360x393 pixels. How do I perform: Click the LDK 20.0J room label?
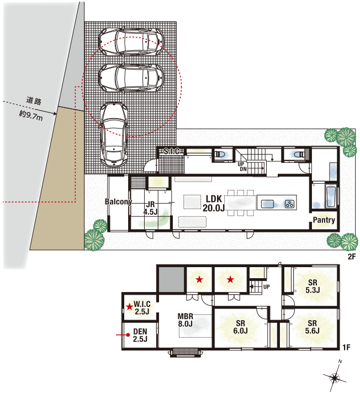(214, 203)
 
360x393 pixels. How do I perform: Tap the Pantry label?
(324, 220)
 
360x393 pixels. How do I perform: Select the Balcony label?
(118, 201)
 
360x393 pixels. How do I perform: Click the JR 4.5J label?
(150, 208)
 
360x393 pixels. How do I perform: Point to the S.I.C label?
(172, 151)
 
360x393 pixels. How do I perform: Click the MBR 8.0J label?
(186, 320)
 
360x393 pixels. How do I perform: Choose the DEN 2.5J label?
(140, 335)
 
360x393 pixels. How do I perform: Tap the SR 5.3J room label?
(313, 286)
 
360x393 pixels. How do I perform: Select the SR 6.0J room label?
(240, 327)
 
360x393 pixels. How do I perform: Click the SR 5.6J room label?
(313, 327)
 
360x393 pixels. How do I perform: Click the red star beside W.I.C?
(129, 306)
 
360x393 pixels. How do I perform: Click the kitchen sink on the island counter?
(267, 203)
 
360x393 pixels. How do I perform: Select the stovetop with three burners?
(289, 204)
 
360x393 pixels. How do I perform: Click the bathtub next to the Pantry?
(331, 197)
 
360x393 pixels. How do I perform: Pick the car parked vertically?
(114, 135)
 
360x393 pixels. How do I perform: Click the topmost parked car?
(131, 41)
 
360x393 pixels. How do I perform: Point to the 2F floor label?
(352, 257)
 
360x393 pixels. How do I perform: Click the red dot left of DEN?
(128, 334)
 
